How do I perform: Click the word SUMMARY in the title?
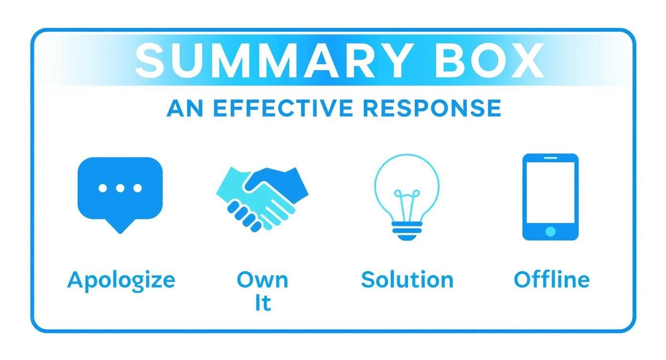coord(272,61)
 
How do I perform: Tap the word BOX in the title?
coord(489,61)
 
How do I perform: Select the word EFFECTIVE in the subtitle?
coord(284,108)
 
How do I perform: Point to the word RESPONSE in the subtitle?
coord(432,108)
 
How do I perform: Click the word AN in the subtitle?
coord(184,108)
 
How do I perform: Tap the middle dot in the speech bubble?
coord(120,188)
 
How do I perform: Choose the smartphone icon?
coord(550,196)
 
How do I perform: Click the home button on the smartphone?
coord(550,232)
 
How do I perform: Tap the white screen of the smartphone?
coord(550,191)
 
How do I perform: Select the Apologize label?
coord(121,280)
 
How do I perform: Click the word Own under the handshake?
coord(262,280)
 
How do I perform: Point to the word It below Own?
coord(262,303)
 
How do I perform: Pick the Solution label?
coord(407,280)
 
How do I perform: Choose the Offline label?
coord(551,280)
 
